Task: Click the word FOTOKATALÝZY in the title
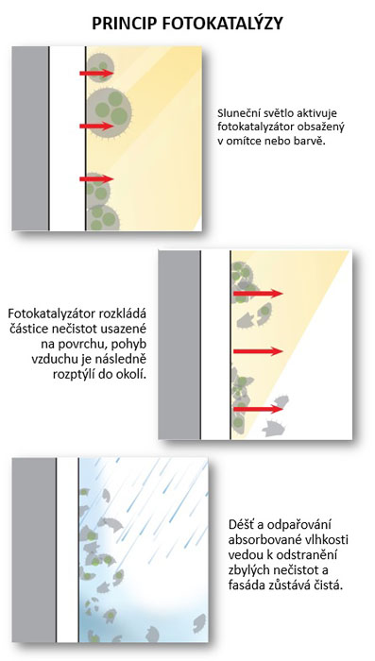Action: [x=222, y=24]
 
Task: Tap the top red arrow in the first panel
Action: [x=96, y=74]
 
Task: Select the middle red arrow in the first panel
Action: [x=96, y=126]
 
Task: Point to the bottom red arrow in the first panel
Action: [x=96, y=179]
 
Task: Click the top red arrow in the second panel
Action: [x=258, y=294]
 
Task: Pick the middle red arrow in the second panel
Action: [x=258, y=351]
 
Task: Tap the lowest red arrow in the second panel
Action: [x=258, y=409]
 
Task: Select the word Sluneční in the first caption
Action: [x=236, y=114]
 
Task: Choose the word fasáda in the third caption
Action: [x=246, y=585]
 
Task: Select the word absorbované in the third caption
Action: [x=257, y=541]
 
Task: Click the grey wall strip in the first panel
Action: [x=30, y=138]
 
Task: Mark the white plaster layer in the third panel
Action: [x=67, y=550]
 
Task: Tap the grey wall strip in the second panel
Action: [x=179, y=345]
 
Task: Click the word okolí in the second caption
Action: [x=134, y=375]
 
